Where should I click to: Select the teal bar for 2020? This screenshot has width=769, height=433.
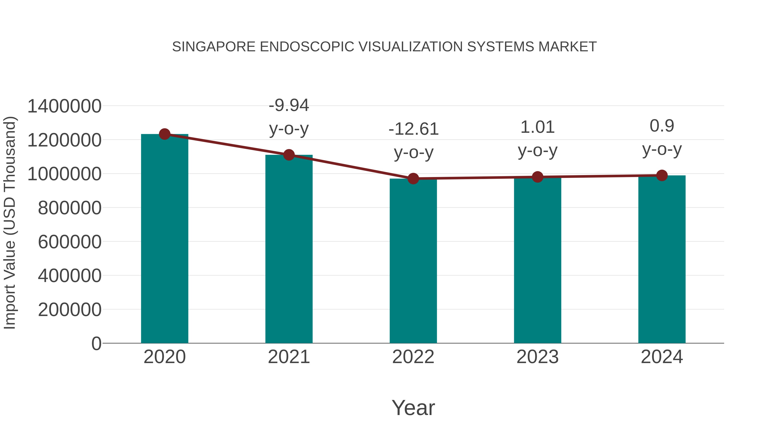click(164, 239)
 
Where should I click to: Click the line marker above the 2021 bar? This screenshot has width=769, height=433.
click(289, 155)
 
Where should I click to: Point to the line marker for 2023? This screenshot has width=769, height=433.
click(537, 177)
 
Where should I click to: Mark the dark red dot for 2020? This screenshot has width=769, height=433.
click(164, 134)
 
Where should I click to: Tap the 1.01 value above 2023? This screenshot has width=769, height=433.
click(537, 127)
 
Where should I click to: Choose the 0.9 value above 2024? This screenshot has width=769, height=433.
click(662, 126)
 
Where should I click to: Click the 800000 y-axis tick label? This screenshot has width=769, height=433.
click(70, 208)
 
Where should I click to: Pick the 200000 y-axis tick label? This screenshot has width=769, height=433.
click(70, 310)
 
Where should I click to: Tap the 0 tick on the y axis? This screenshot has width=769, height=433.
click(96, 343)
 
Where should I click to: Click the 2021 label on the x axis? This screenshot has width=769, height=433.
click(289, 357)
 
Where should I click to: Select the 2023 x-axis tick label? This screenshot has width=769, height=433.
click(537, 357)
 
